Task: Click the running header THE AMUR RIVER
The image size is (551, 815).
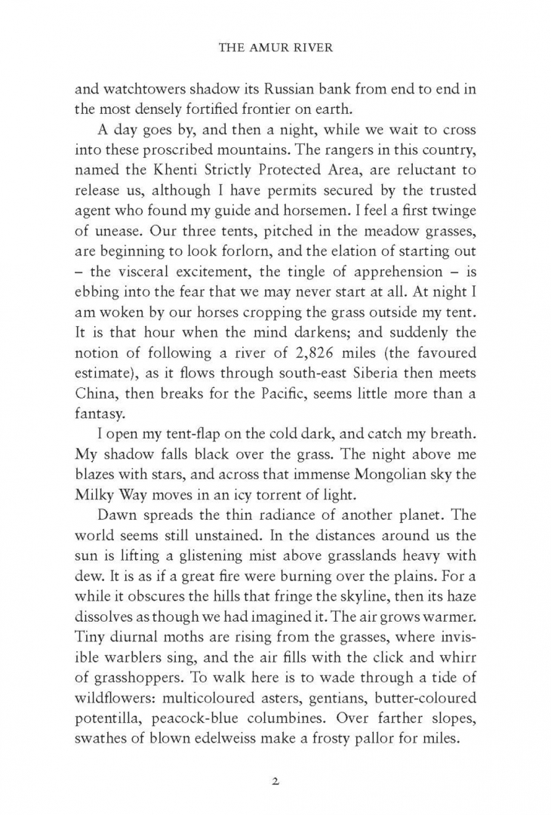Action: tap(275, 45)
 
